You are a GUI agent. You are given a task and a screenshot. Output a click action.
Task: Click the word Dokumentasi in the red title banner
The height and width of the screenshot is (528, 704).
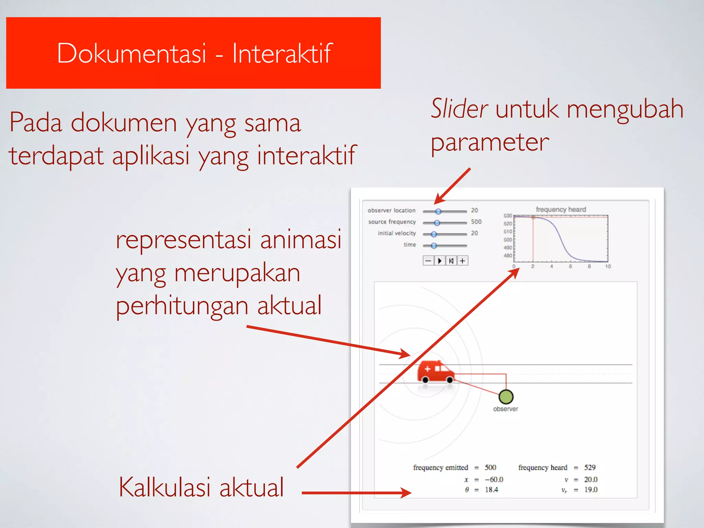(x=131, y=53)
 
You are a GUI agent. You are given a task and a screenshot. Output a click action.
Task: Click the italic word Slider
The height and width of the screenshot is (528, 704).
(x=459, y=109)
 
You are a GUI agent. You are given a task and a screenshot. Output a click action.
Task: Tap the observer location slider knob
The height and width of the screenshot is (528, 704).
(x=438, y=211)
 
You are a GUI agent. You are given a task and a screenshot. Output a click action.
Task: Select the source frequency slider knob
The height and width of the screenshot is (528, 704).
(x=437, y=223)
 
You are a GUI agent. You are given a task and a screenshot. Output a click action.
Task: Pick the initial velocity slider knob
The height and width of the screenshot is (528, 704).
(x=434, y=234)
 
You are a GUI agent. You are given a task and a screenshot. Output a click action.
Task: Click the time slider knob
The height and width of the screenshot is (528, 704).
(x=434, y=245)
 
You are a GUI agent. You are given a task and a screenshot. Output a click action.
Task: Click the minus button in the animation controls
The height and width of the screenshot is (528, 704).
(x=428, y=261)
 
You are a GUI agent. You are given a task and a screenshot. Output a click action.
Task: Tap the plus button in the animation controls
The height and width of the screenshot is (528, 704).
(x=463, y=261)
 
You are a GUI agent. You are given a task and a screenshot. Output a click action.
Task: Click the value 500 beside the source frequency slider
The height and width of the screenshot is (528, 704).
(x=476, y=222)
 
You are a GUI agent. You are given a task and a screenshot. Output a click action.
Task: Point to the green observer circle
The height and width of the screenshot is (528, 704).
(x=506, y=397)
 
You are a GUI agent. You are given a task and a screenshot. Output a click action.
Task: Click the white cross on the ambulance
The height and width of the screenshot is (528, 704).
(x=427, y=369)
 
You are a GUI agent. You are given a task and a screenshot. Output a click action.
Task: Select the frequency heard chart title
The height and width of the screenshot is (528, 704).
(x=561, y=209)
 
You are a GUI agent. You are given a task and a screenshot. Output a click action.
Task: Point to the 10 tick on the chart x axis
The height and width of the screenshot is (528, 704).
(x=608, y=266)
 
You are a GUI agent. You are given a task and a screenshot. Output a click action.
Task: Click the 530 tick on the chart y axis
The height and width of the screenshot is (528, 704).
(x=508, y=216)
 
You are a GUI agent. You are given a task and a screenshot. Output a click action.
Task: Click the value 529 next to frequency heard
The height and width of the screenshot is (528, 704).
(x=590, y=467)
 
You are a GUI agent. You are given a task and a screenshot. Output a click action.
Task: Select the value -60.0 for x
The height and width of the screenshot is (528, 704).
(x=494, y=480)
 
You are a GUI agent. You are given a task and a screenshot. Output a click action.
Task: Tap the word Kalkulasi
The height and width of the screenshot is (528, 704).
(x=164, y=487)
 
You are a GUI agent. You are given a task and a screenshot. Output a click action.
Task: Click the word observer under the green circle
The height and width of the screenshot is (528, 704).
(x=505, y=409)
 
